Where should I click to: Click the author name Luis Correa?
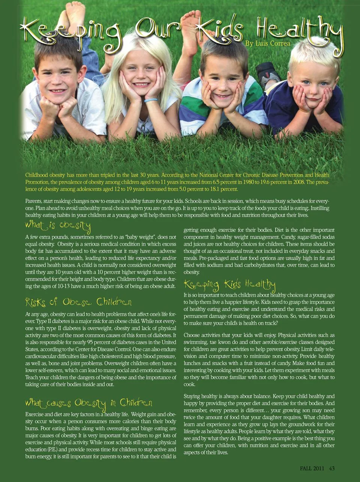(x=268, y=44)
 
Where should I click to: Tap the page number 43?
(x=332, y=468)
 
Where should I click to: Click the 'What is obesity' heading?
(x=58, y=226)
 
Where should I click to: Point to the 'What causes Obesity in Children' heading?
(x=88, y=403)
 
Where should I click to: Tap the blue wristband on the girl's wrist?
(x=150, y=100)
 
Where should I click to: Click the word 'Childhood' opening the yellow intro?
(x=37, y=175)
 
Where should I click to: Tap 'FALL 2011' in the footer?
(x=312, y=468)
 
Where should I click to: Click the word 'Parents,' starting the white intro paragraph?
(x=35, y=202)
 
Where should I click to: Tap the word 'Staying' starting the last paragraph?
(x=192, y=396)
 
